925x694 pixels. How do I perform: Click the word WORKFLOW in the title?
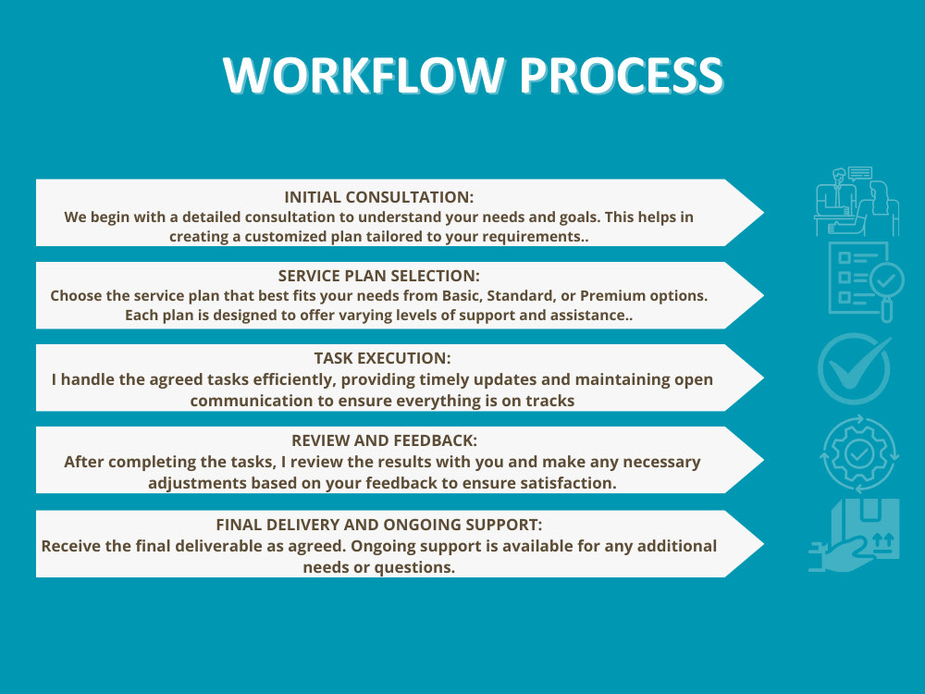coord(364,75)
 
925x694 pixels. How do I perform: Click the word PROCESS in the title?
coord(622,75)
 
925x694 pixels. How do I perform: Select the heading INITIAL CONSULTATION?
coord(378,197)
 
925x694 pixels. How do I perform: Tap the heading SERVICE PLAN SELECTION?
coord(378,276)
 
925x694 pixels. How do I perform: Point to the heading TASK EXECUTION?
coord(382,358)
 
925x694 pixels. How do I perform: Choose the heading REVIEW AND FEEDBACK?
coord(384,440)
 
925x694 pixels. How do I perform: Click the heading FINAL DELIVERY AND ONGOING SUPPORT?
coord(378,524)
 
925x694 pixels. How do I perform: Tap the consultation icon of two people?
coord(857,201)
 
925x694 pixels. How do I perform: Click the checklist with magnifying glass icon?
coord(866,281)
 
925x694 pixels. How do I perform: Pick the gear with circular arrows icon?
coord(859,453)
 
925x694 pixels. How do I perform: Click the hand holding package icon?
coord(854,536)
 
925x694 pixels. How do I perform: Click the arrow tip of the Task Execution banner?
coord(763,378)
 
